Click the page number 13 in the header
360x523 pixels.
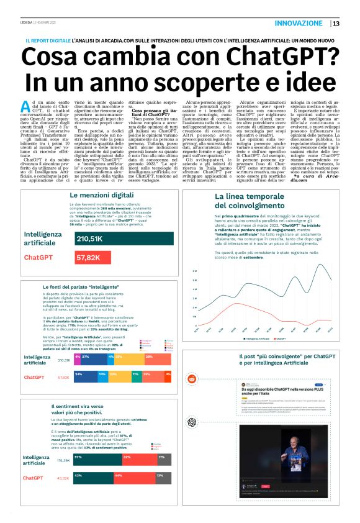tap(336, 24)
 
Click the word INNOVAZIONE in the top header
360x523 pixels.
tap(298, 24)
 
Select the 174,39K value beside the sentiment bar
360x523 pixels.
tap(63, 461)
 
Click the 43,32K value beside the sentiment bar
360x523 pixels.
tap(63, 478)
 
